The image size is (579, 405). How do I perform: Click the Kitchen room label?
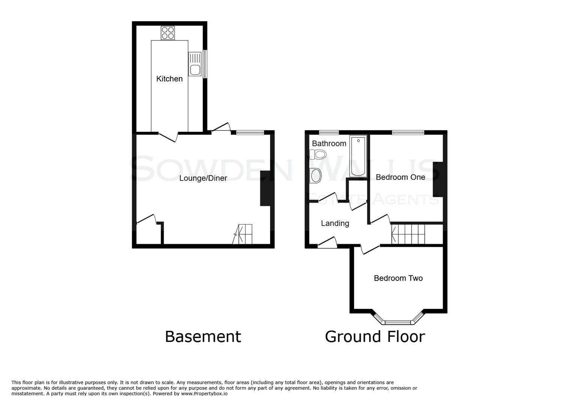(169, 79)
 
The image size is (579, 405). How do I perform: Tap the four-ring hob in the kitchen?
(168, 33)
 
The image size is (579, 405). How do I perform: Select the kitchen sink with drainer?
(195, 64)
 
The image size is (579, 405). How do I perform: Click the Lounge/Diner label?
(203, 178)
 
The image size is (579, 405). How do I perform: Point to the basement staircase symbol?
(243, 234)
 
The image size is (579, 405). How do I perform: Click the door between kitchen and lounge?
(168, 137)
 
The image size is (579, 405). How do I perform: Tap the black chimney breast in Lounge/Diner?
(265, 188)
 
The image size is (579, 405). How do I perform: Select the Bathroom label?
(329, 143)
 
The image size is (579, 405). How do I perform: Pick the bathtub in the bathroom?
(358, 156)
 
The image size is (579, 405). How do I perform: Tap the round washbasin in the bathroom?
(316, 175)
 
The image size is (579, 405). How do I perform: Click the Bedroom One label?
(400, 177)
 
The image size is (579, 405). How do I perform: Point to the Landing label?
(335, 223)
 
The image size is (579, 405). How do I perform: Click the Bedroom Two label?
(398, 278)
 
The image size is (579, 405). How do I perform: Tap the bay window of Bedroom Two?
(398, 321)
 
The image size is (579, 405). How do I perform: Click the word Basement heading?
(203, 336)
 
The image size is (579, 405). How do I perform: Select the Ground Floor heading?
(375, 336)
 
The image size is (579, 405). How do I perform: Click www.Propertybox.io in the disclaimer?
(204, 394)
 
